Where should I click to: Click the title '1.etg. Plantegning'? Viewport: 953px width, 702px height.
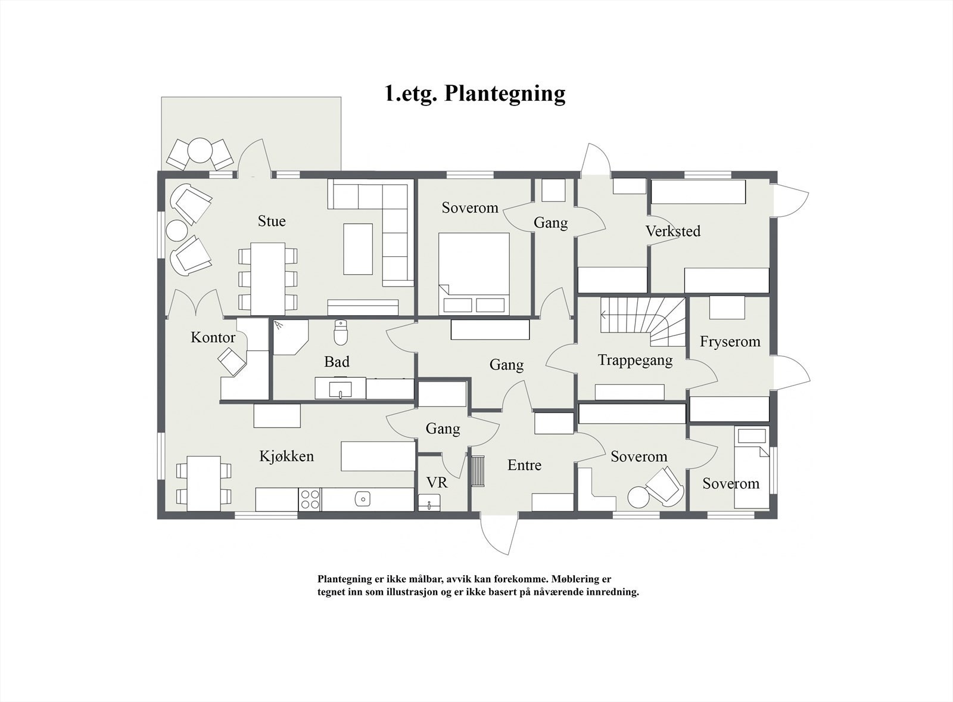(x=475, y=94)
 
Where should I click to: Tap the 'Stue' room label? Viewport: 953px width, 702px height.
(x=272, y=221)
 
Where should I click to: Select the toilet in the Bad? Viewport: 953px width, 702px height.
(x=341, y=333)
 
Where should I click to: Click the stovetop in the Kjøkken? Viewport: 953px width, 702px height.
(x=310, y=499)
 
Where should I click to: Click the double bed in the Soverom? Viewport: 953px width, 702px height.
(x=474, y=272)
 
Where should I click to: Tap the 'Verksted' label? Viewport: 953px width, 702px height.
(x=673, y=231)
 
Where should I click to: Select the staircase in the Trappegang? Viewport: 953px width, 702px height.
(x=643, y=321)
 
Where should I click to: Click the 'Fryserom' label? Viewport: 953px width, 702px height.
(x=730, y=342)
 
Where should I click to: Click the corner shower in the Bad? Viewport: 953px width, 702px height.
(x=289, y=336)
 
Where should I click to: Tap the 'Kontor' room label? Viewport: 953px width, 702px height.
(x=213, y=338)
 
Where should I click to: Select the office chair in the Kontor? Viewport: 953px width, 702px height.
(x=232, y=361)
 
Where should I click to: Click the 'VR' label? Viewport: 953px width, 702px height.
(x=437, y=483)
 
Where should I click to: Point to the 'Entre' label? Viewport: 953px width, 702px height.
(x=524, y=465)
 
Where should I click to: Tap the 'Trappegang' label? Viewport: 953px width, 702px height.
(x=635, y=361)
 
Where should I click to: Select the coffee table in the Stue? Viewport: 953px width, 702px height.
(x=358, y=249)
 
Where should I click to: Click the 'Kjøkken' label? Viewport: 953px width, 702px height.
(x=286, y=456)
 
